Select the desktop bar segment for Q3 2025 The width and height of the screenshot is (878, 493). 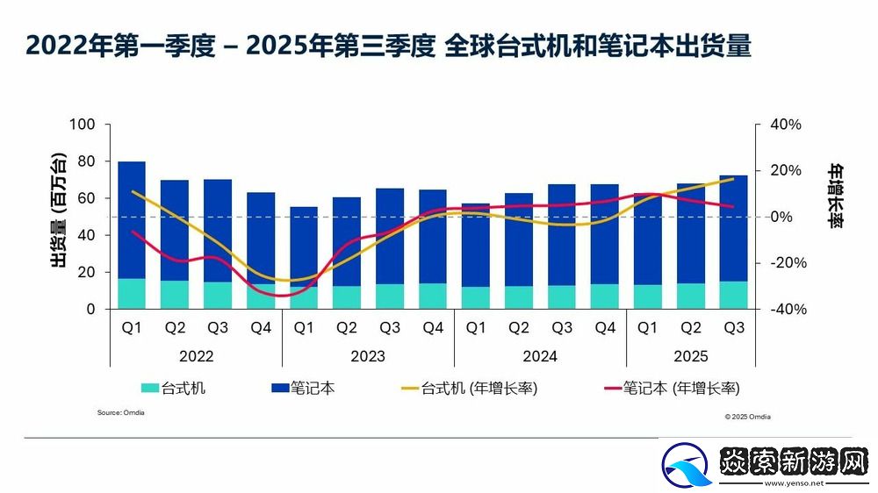pyautogui.click(x=733, y=295)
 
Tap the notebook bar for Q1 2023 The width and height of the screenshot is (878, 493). pyautogui.click(x=304, y=246)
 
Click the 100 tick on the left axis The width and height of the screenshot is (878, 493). pyautogui.click(x=82, y=125)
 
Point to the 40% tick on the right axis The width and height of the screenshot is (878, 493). pyautogui.click(x=786, y=125)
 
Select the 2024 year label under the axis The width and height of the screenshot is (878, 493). pyautogui.click(x=540, y=357)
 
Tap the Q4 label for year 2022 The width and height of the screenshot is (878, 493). pyautogui.click(x=261, y=328)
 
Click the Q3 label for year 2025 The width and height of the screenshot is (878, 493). pyautogui.click(x=733, y=328)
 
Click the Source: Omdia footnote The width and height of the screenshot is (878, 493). pyautogui.click(x=121, y=412)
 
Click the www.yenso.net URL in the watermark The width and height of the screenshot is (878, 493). pyautogui.click(x=795, y=482)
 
